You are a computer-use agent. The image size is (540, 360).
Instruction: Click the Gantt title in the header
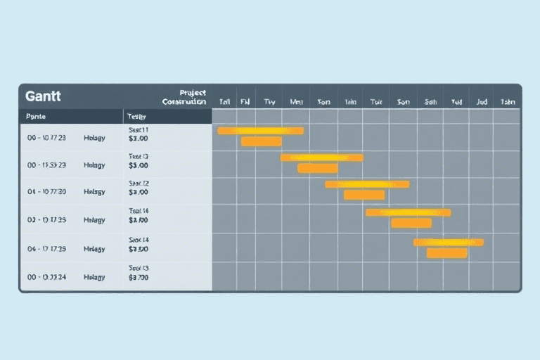[44, 95]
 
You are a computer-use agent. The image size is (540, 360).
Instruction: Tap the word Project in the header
[193, 93]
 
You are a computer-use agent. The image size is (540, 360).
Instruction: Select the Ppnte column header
[35, 116]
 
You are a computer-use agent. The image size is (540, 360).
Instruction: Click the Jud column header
[481, 101]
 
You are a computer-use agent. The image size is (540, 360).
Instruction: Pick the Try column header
[269, 101]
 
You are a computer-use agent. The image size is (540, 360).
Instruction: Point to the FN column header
[245, 101]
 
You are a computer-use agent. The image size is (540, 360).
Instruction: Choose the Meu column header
[296, 101]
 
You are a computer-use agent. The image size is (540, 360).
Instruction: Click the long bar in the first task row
[260, 131]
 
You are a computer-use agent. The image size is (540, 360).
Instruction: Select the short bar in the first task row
[261, 141]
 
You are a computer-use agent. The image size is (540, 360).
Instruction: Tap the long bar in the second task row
[321, 157]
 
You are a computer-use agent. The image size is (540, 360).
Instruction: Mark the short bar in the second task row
[317, 168]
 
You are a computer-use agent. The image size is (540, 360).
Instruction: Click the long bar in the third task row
[366, 184]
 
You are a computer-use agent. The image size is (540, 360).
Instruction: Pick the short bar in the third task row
[364, 195]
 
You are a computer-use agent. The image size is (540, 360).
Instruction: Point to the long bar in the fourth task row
[408, 212]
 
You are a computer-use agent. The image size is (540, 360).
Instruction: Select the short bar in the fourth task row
[411, 223]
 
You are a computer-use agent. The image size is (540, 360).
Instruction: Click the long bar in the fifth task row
[448, 242]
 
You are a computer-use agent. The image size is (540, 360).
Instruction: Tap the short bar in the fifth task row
[446, 252]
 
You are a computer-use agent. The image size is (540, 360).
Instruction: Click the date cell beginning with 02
[46, 220]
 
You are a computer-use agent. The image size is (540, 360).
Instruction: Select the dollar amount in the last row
[139, 278]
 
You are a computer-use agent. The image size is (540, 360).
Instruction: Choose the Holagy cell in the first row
[94, 138]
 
